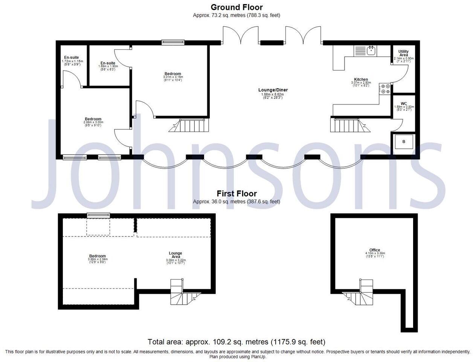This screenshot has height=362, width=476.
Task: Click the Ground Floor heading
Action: click(236, 7)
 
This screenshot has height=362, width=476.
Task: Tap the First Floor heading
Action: click(236, 194)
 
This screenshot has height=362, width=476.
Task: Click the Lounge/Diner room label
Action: click(273, 90)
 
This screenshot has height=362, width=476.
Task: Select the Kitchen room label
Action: click(361, 80)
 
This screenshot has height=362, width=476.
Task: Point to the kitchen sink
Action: click(371, 50)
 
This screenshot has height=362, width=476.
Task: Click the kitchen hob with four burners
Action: click(385, 89)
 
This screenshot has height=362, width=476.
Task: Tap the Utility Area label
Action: click(403, 53)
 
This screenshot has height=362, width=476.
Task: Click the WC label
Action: click(404, 104)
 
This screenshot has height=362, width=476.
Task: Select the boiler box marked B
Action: click(404, 142)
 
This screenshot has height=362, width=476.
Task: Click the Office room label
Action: click(375, 250)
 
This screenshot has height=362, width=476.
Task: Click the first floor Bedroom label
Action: click(97, 256)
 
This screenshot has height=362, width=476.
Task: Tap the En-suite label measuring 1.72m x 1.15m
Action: click(72, 58)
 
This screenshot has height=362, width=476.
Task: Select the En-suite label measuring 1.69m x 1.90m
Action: click(108, 63)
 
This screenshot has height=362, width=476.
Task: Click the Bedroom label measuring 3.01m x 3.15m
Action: click(172, 74)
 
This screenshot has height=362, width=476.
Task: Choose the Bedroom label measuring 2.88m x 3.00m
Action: click(93, 119)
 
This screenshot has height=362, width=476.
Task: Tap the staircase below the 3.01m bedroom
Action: click(192, 125)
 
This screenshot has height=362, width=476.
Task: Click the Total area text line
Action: click(236, 342)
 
